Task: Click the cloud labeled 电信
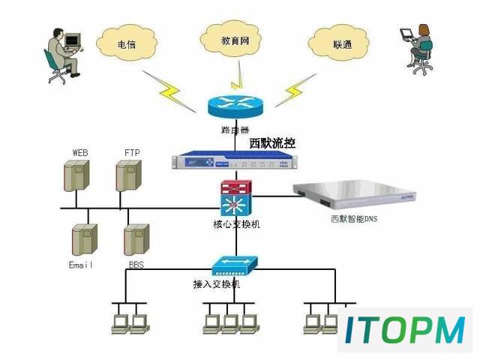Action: [127, 43]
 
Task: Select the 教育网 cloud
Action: [230, 39]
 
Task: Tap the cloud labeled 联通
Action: [338, 43]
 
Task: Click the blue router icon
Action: [235, 106]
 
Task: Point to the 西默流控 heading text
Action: [272, 143]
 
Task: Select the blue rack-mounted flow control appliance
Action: [235, 160]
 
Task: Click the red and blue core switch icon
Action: [236, 198]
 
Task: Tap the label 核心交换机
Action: [236, 224]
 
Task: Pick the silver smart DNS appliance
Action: [355, 195]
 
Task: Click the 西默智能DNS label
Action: [354, 219]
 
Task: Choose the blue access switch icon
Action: [235, 265]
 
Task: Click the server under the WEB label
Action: [76, 175]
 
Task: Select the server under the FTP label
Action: [128, 175]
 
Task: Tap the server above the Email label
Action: [85, 240]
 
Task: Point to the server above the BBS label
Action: [136, 240]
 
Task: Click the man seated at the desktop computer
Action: [63, 55]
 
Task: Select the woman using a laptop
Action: [418, 49]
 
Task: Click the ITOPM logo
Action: [405, 330]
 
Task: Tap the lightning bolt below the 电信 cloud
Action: [170, 91]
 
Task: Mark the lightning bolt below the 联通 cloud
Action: [295, 90]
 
